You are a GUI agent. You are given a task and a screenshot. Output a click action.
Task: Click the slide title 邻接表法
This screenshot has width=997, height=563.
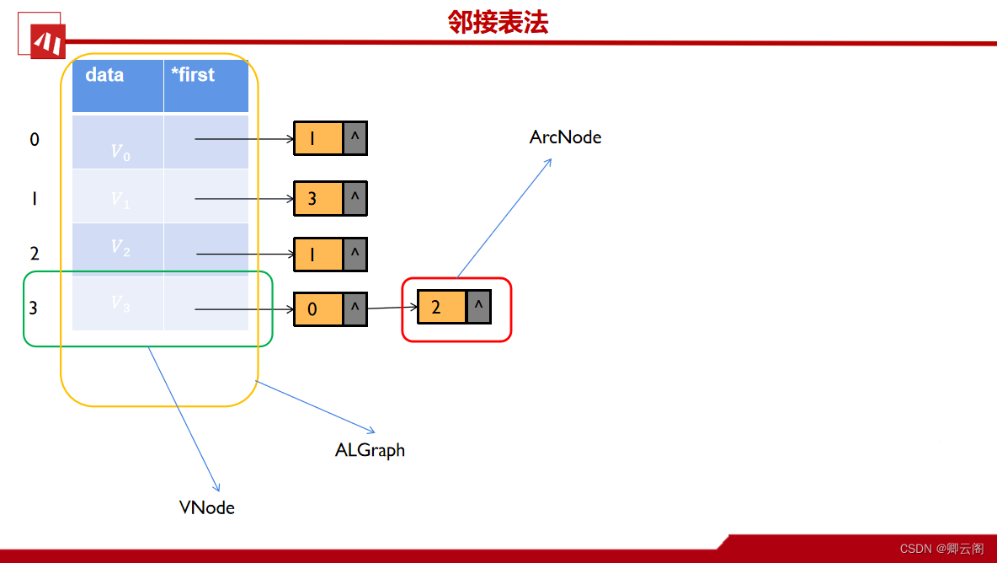point(498,23)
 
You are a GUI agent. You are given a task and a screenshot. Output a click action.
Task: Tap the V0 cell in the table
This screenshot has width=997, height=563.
point(118,142)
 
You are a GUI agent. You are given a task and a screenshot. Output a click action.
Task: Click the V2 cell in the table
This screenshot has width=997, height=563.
point(118,249)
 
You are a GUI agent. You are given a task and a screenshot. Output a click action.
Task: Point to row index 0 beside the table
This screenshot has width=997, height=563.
point(35,140)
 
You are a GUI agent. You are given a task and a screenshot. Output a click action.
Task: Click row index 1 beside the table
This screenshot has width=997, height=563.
point(35,199)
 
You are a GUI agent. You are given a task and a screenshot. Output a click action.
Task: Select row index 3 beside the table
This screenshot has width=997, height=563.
point(34,308)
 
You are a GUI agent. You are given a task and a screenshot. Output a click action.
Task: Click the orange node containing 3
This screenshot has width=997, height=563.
point(318,199)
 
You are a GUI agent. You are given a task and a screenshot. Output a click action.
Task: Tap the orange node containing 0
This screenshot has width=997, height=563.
point(318,309)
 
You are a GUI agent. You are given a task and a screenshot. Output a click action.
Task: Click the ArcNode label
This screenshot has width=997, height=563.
point(565,137)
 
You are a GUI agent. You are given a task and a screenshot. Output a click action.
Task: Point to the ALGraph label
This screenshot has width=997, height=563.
point(370,450)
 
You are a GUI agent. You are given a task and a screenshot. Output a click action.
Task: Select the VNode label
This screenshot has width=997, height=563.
point(207,507)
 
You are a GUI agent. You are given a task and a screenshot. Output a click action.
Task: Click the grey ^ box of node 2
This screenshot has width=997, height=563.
point(478,308)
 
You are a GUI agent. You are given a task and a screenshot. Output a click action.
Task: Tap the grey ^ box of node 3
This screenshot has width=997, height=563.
point(355,198)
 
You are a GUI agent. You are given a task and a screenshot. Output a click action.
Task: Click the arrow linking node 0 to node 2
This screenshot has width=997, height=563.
point(392,308)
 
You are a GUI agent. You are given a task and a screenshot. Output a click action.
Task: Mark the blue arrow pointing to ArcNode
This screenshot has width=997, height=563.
point(504,217)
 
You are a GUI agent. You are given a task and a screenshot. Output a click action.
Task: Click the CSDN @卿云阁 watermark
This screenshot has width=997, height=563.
point(941,549)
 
